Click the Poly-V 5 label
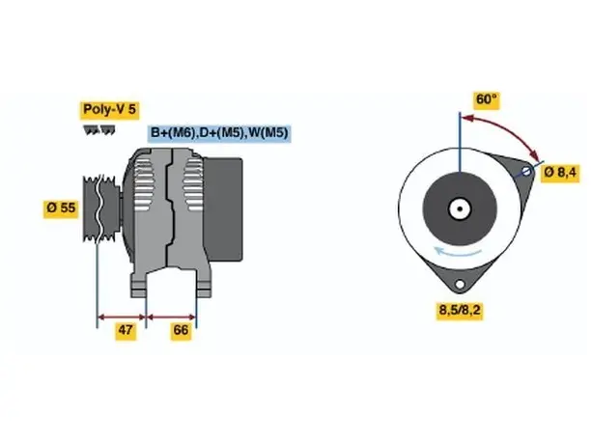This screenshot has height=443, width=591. pos(109,110)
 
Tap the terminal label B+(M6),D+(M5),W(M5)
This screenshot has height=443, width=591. pos(219,133)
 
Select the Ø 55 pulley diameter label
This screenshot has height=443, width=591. pos(61,208)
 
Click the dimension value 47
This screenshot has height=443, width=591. pos(126,330)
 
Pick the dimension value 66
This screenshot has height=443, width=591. pos(181,330)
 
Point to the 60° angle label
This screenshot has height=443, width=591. pos(486,99)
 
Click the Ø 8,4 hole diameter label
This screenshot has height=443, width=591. pos(560,173)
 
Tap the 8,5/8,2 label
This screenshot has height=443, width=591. pos(460,311)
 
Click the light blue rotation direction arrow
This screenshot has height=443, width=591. pos(458,252)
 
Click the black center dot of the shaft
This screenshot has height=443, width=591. pos(460,209)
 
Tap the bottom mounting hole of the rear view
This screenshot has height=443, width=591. pos(460,285)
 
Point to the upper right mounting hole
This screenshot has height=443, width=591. pos(526,172)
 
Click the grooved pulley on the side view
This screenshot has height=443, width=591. pos(99,208)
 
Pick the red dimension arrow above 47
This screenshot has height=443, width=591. pos(122,318)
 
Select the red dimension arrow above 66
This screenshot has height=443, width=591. pos(171,318)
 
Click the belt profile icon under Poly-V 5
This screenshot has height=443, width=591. pos(99,130)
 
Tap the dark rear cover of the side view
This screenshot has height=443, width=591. pos(223,209)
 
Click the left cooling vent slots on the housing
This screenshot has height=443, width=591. pos(144,184)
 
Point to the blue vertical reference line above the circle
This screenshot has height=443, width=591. pos(460,142)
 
